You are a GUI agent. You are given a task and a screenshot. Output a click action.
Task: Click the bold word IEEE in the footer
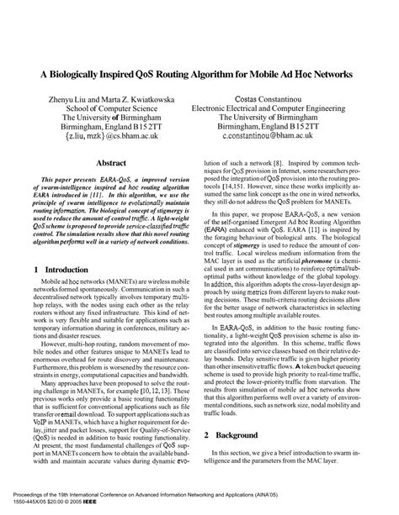[108, 507]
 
